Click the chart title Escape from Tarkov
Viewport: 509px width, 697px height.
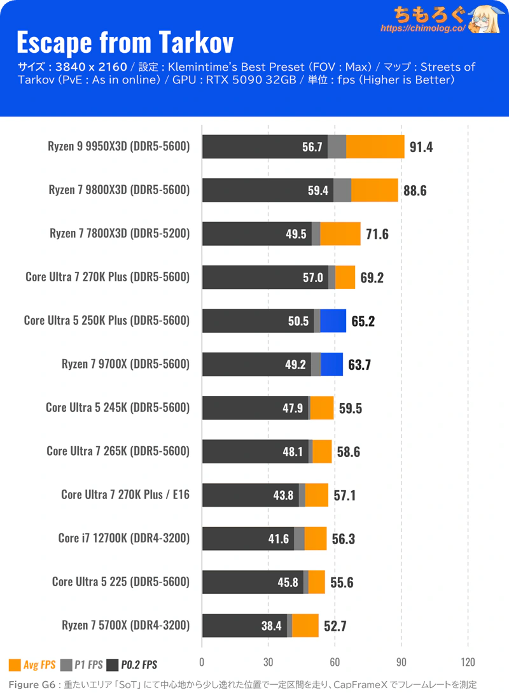point(125,42)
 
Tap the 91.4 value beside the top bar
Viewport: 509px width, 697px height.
point(421,147)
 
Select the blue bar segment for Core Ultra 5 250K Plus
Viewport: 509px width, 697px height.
point(333,321)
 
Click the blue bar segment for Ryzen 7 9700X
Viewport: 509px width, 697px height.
point(331,364)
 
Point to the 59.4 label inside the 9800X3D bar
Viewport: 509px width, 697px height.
point(318,190)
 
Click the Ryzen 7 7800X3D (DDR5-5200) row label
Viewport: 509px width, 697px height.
point(120,234)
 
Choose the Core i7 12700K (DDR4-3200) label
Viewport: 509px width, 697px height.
point(124,539)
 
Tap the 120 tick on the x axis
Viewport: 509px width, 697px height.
point(468,662)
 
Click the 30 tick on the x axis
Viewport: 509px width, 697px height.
point(268,662)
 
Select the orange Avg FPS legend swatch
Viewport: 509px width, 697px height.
point(15,665)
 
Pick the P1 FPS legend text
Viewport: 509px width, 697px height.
point(88,665)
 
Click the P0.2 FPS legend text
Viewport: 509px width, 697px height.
point(139,665)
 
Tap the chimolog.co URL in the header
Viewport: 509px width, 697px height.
point(423,29)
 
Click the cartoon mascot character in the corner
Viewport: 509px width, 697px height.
point(485,18)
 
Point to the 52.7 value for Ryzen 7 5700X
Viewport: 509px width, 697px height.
point(335,626)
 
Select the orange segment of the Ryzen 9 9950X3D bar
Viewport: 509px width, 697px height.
point(375,146)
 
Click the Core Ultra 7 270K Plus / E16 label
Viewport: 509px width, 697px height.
point(125,495)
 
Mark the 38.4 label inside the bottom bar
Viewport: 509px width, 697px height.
point(271,626)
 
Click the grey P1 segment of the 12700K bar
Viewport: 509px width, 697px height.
point(300,539)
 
